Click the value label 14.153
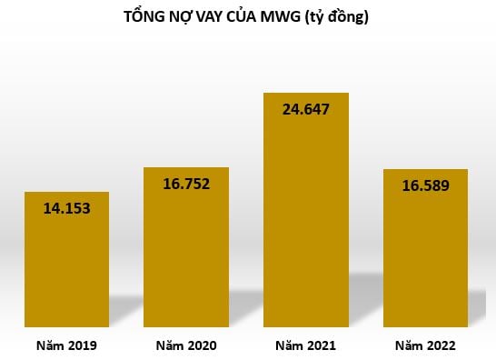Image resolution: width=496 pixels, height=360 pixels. [x=67, y=207]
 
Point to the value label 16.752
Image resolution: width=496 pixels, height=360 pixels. [x=186, y=184]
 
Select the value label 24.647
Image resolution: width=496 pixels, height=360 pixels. [x=306, y=110]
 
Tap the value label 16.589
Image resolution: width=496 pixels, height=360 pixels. [x=425, y=185]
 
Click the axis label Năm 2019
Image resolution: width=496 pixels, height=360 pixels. [x=66, y=345]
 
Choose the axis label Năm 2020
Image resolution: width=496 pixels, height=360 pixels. [x=186, y=345]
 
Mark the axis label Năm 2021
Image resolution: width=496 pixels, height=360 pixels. [x=305, y=345]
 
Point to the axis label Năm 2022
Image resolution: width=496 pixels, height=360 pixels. [x=425, y=345]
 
